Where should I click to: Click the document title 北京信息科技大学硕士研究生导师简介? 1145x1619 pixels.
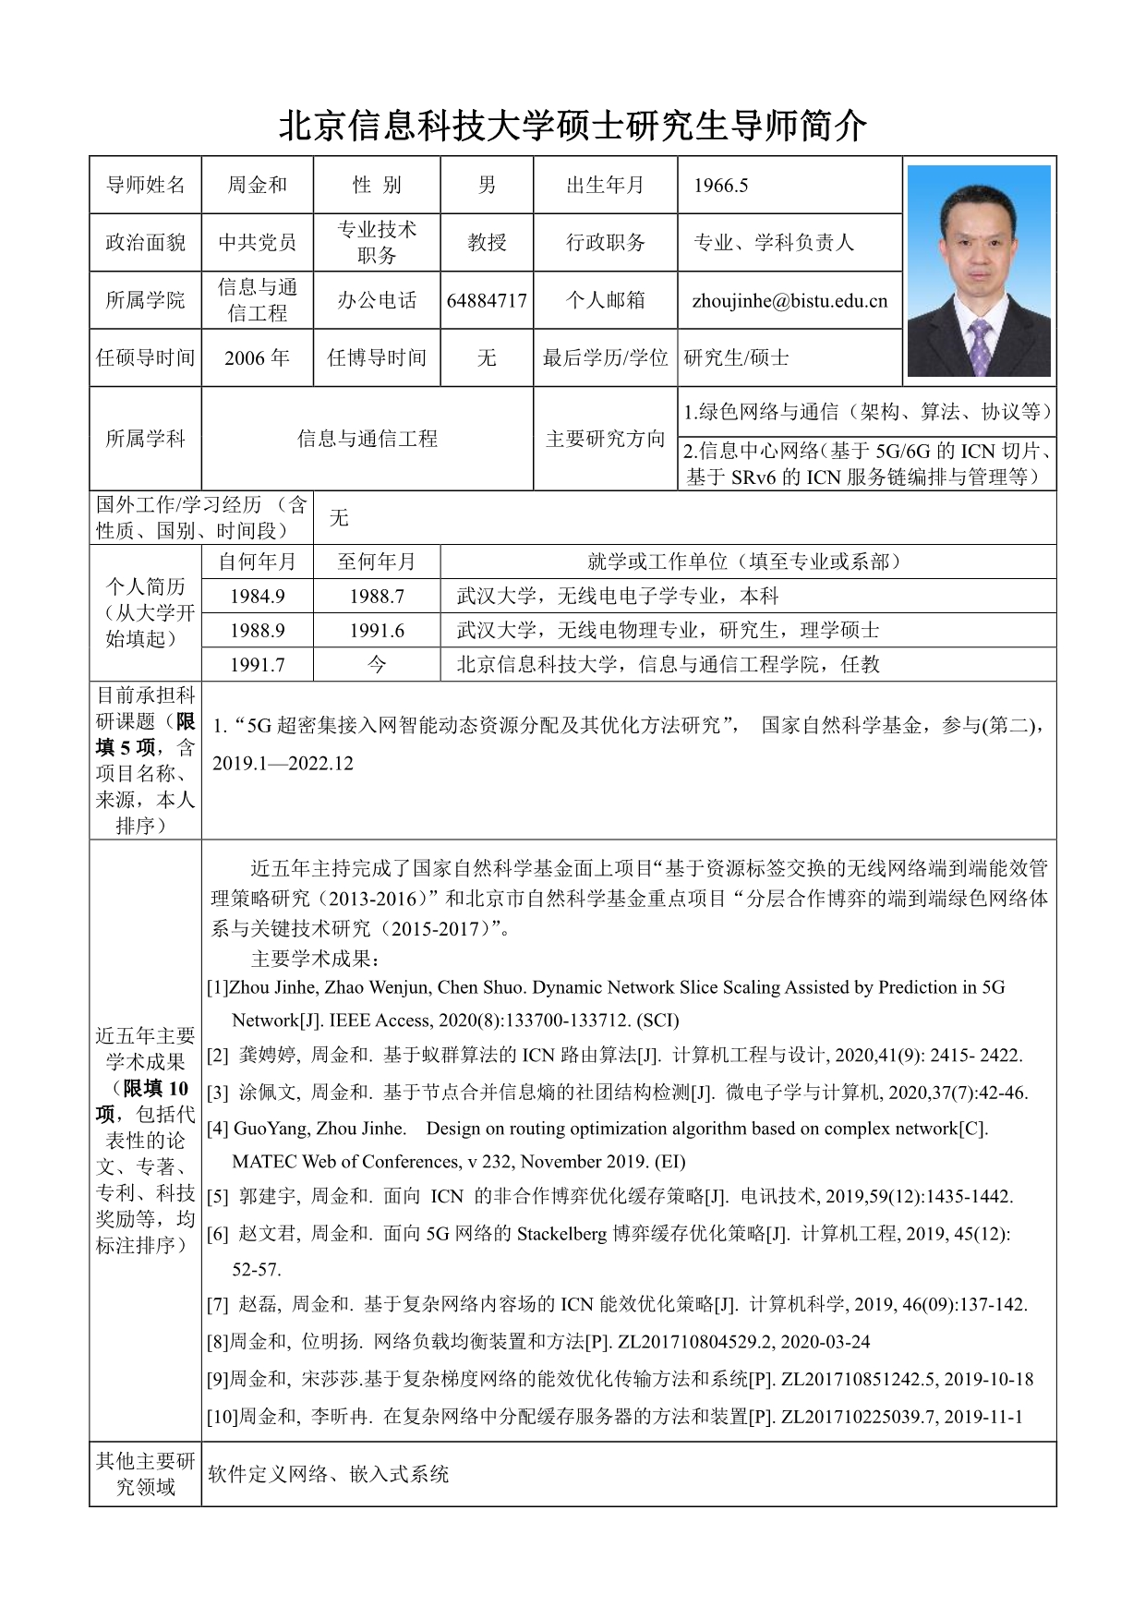click(x=572, y=126)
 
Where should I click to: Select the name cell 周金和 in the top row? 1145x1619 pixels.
click(x=257, y=185)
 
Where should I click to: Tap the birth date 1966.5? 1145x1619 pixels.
click(x=720, y=185)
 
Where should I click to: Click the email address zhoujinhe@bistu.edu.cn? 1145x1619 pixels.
click(x=789, y=300)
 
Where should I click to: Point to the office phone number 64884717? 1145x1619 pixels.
click(x=487, y=300)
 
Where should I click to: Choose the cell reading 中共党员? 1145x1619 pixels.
click(x=257, y=242)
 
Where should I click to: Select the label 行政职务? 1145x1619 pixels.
click(x=605, y=242)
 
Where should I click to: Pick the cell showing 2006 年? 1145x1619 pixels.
click(x=257, y=357)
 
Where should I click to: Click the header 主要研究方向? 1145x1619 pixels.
click(x=605, y=439)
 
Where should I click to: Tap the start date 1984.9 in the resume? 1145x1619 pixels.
click(x=257, y=596)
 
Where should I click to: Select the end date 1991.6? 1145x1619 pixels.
click(x=377, y=630)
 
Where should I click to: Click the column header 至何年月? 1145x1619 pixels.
click(x=377, y=562)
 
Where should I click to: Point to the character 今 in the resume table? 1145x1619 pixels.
click(x=377, y=664)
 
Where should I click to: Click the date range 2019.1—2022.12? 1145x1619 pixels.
click(x=283, y=763)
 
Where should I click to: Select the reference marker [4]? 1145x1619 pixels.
click(x=218, y=1128)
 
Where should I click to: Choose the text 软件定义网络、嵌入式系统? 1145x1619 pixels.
click(x=328, y=1473)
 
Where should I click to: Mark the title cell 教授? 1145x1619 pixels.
click(x=487, y=242)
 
